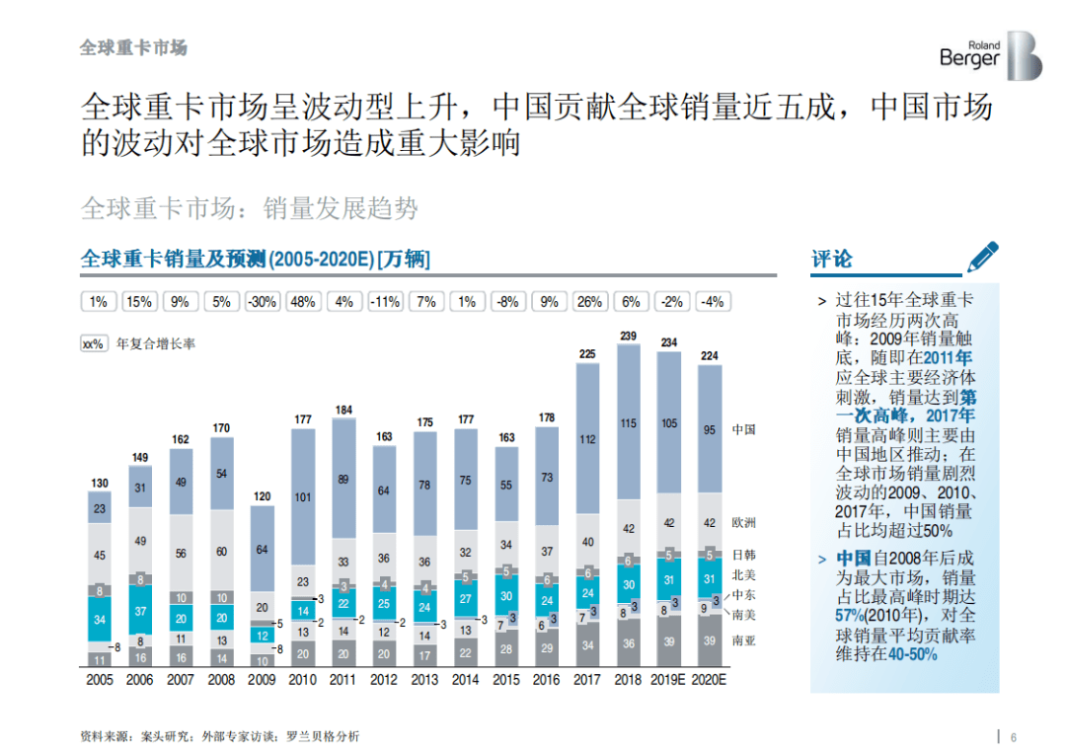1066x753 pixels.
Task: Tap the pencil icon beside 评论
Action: coord(982,257)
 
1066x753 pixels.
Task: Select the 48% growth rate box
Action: coord(303,302)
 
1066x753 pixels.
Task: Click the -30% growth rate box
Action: coord(262,302)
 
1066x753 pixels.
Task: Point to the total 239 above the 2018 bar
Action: coord(628,336)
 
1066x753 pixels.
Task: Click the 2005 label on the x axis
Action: coord(100,680)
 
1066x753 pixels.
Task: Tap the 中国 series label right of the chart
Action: coord(744,430)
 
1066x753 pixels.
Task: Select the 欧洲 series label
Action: coord(744,522)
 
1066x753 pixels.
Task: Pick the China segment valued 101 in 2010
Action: coord(303,497)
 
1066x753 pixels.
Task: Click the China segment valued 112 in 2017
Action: coord(587,439)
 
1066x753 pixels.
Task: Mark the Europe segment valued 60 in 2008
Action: coord(221,552)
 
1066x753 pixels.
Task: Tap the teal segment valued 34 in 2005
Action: coord(100,620)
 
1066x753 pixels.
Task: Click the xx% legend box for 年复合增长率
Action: coord(94,344)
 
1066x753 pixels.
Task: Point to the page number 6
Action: coord(1013,736)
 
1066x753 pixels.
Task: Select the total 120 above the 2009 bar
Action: coord(262,496)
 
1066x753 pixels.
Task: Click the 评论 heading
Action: coord(831,260)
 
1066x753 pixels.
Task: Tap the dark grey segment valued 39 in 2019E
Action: coord(669,641)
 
